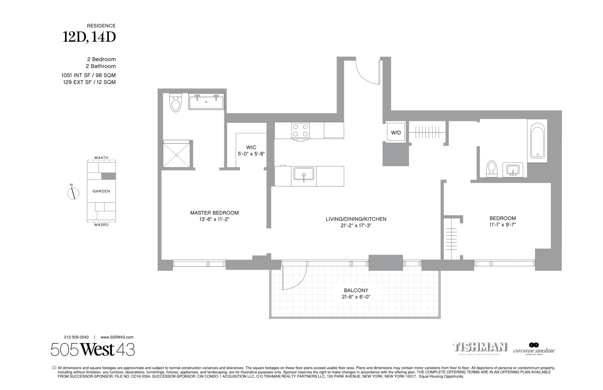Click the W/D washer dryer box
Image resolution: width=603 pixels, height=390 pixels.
(x=396, y=133)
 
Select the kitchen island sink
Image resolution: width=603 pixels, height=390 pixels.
(x=303, y=175)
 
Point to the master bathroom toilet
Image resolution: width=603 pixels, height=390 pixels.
(x=176, y=104)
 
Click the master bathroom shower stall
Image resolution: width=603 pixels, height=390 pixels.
(x=176, y=154)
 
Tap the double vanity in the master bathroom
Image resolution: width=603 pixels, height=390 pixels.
(x=206, y=102)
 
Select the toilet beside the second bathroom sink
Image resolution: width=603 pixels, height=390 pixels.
(x=491, y=169)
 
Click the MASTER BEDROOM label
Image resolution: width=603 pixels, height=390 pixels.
(x=214, y=213)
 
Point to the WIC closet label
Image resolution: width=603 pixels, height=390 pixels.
(x=251, y=147)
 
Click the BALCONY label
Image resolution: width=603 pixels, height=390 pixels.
(x=356, y=290)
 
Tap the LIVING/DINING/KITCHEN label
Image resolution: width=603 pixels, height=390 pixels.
(x=356, y=219)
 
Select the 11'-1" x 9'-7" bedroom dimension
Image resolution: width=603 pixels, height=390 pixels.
(x=503, y=225)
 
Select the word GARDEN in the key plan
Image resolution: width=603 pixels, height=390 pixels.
(x=101, y=191)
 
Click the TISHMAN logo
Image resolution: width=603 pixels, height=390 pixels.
(x=479, y=347)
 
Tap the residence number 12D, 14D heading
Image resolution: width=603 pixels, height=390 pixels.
(x=89, y=37)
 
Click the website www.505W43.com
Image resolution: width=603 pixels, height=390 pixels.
(x=117, y=337)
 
